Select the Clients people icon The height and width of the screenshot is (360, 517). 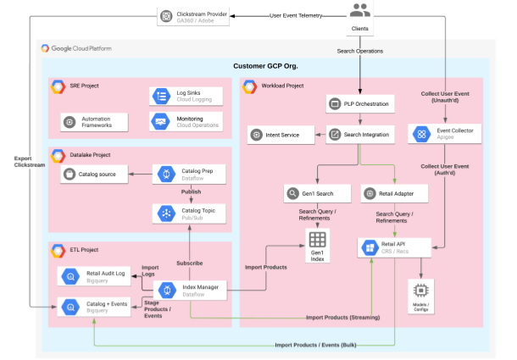pyautogui.click(x=360, y=11)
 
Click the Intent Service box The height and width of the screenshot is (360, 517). pyautogui.click(x=279, y=134)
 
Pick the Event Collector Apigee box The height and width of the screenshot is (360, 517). pyautogui.click(x=446, y=133)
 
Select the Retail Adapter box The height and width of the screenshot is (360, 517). pyautogui.click(x=394, y=194)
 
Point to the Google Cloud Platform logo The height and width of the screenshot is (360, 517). pyautogui.click(x=47, y=48)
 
